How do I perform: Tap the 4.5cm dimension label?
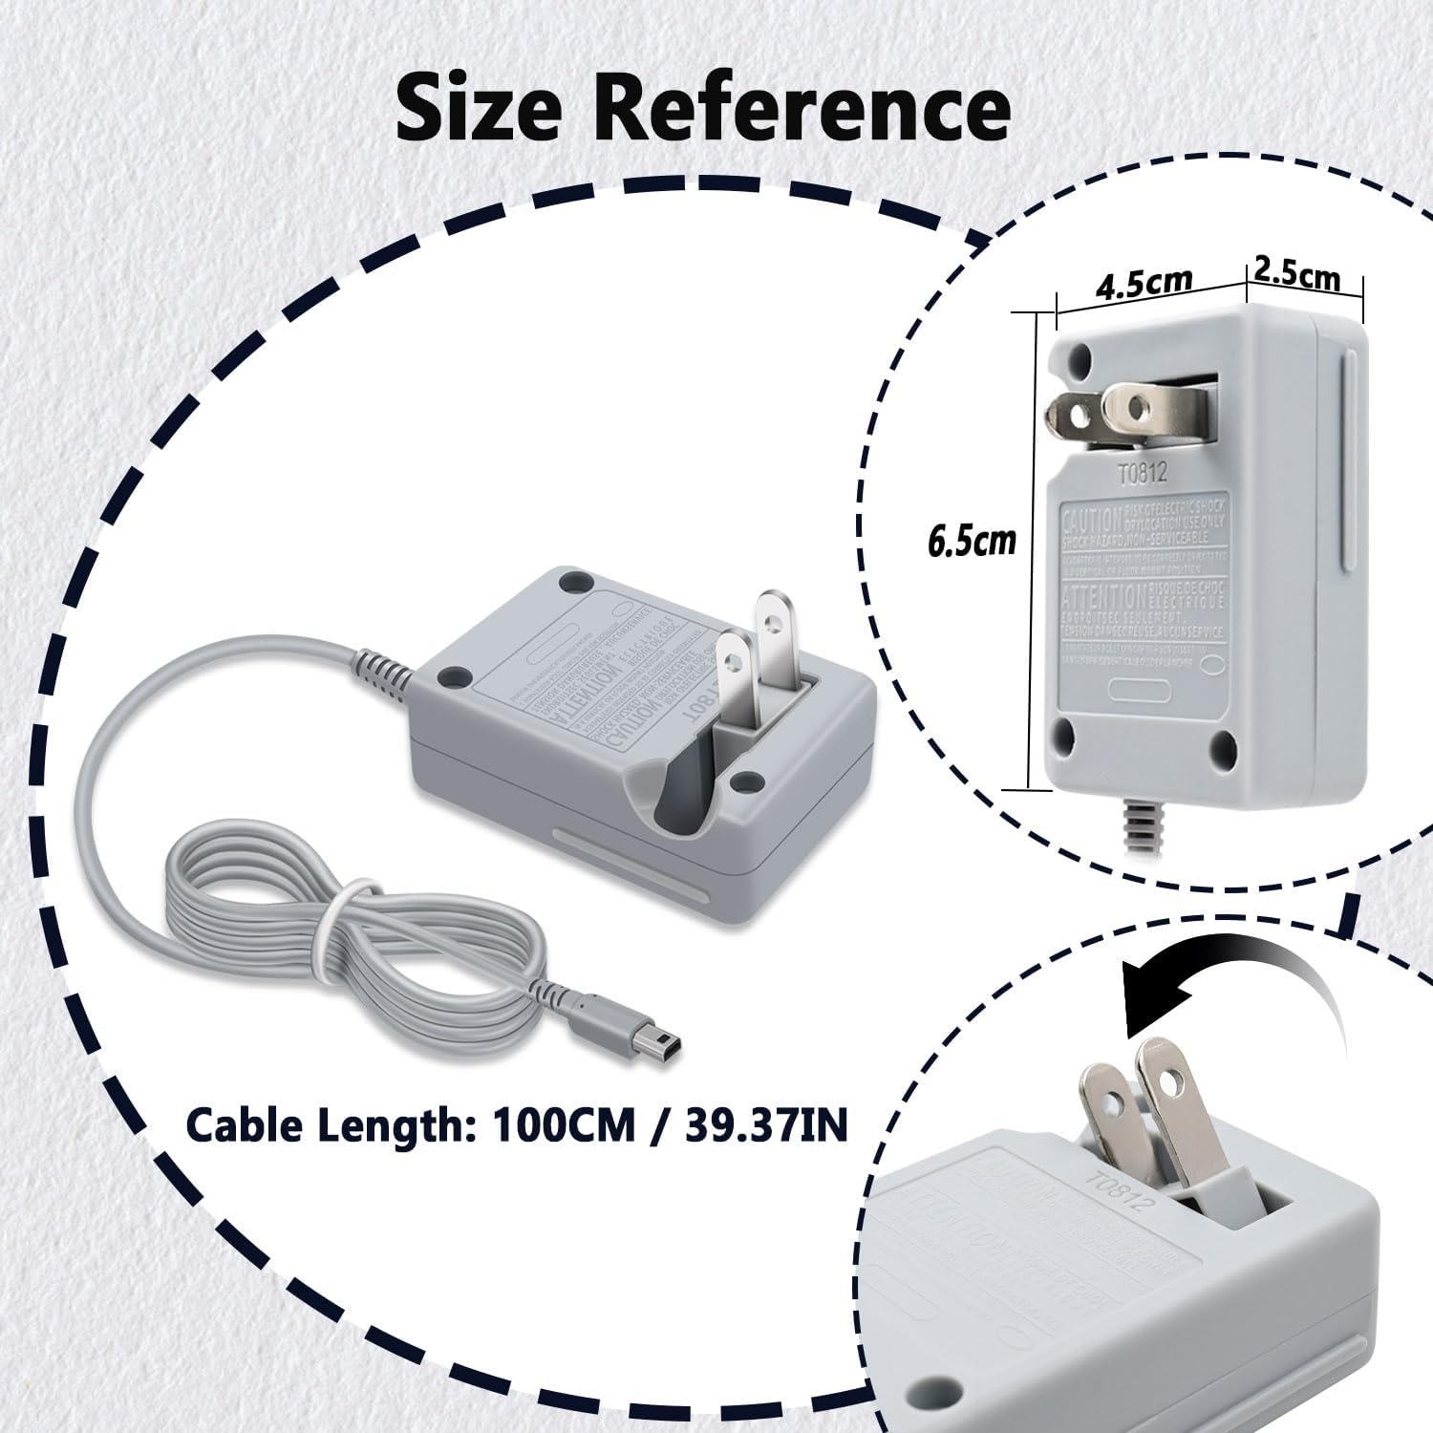[1144, 284]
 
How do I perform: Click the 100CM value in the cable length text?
[564, 1124]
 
